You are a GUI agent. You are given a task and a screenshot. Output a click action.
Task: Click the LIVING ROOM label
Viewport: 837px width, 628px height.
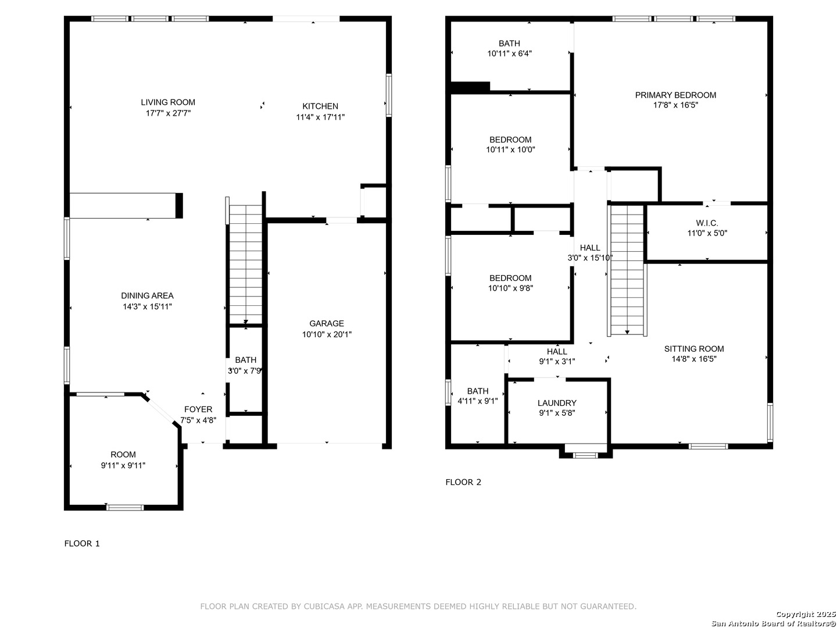point(168,102)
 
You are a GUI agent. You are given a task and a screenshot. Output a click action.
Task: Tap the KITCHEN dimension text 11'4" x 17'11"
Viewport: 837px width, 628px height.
point(320,117)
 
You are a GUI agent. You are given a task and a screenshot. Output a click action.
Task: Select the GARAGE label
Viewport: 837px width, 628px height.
point(327,323)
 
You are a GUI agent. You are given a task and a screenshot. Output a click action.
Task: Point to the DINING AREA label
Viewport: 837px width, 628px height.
point(147,295)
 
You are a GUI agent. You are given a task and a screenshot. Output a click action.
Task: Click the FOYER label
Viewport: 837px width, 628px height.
point(198,409)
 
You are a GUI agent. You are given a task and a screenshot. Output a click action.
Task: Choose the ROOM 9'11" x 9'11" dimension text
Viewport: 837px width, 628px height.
point(123,465)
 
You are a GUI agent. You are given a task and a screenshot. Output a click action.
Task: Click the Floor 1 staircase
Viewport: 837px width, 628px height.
point(245,264)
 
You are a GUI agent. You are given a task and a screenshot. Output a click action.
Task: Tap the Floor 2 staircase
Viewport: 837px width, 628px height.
point(627,270)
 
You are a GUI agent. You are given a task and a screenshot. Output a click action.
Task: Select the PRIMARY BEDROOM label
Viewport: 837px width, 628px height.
point(675,95)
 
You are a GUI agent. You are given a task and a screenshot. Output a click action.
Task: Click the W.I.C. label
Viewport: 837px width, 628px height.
point(707,223)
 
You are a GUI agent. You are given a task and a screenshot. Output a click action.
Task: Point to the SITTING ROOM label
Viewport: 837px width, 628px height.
point(694,348)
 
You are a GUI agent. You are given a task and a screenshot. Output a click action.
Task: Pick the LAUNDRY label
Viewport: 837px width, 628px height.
point(557,402)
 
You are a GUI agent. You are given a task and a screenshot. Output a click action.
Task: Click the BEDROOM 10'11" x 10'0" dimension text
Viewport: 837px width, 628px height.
point(510,149)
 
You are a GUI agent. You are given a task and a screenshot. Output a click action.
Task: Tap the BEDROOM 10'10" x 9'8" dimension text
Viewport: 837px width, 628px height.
point(510,288)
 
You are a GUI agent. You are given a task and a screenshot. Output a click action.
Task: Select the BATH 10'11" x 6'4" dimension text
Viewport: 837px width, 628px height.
point(509,53)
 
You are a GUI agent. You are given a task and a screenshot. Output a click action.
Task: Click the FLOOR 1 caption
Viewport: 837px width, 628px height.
point(82,543)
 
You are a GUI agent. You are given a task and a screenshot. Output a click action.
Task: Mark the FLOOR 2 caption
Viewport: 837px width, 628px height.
point(463,482)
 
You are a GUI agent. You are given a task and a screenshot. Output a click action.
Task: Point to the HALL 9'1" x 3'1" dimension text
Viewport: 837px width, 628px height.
point(557,361)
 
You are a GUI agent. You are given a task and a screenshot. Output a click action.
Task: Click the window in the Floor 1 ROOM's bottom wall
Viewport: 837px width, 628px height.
point(125,507)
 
